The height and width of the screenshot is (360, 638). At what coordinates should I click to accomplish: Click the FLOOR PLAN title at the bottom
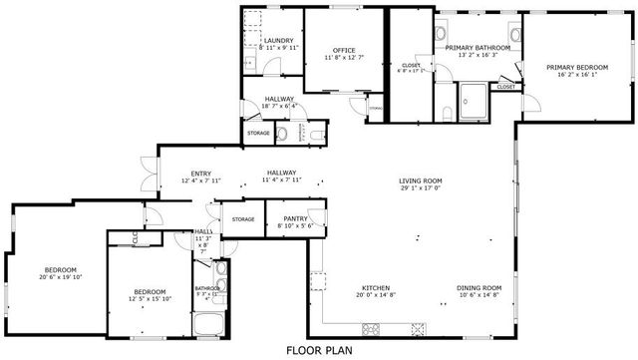pos(318,350)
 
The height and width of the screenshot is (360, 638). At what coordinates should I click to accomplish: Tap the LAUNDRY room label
pos(278,40)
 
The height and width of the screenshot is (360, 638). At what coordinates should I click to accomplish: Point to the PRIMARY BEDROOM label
pos(576,67)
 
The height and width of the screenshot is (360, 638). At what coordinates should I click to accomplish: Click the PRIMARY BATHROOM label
pos(478,48)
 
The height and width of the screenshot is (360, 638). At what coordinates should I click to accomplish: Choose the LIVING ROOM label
pos(421,180)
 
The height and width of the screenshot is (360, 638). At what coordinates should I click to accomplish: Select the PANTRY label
pos(295,218)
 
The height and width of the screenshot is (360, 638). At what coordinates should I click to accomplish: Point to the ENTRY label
pos(200,174)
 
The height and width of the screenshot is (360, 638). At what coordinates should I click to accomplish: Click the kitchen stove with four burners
pos(374,328)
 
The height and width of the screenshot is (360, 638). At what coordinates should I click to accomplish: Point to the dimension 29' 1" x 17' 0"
pos(421,187)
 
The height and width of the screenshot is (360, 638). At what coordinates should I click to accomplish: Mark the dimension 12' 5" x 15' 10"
pos(150,298)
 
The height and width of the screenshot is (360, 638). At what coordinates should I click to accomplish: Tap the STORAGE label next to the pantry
pos(243,218)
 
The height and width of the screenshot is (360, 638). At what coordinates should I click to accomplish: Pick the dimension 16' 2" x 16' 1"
pos(576,74)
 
